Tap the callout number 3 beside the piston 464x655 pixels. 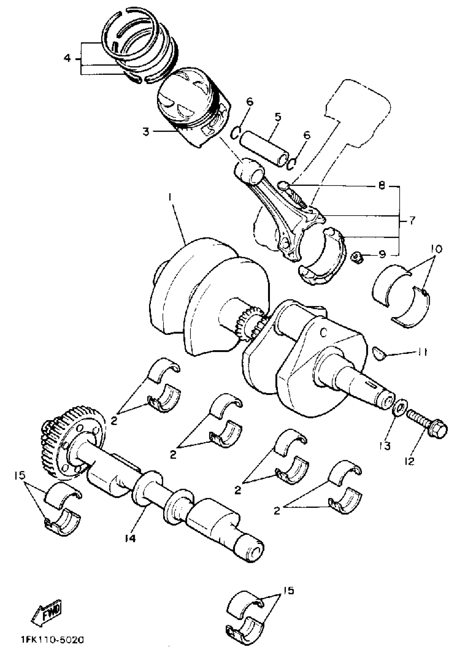(146, 132)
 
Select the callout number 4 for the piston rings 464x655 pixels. (67, 59)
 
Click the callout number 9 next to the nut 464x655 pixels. (382, 253)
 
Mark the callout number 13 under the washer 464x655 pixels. (385, 445)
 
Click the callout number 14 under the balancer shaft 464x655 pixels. (130, 538)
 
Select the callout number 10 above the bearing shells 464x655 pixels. (435, 249)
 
